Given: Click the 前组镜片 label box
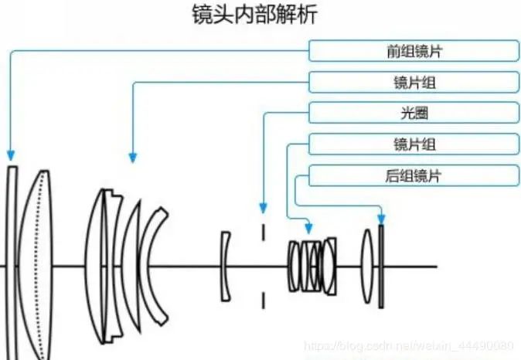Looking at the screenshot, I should click(414, 51).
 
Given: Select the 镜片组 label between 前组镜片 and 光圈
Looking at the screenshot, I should click(414, 82).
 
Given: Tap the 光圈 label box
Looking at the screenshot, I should click(414, 113).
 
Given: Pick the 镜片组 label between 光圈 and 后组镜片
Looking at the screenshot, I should click(414, 144).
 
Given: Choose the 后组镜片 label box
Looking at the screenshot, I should click(414, 175).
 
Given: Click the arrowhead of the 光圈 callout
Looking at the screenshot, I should click(264, 208).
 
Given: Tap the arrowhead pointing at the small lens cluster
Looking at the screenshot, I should click(309, 228).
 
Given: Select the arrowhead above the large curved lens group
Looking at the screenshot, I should click(132, 157).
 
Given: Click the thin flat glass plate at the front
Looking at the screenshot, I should click(11, 263).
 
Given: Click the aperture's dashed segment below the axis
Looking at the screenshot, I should click(264, 297).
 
